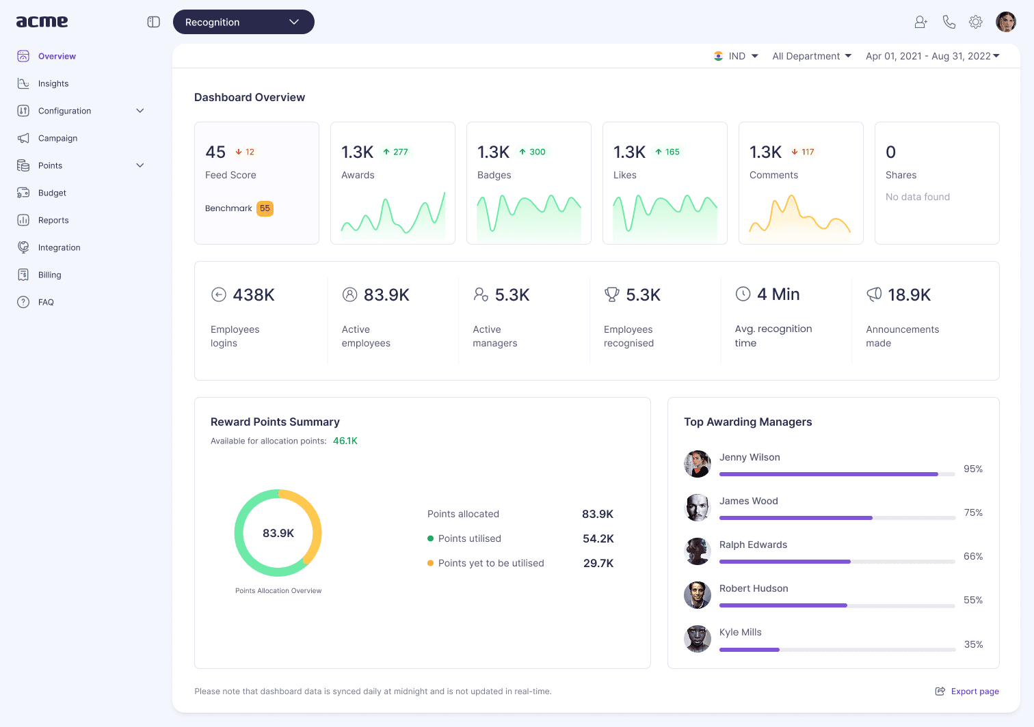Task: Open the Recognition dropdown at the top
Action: coord(243,22)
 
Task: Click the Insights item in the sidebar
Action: coord(53,83)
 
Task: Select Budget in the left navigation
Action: coord(52,193)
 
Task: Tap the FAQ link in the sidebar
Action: coord(46,302)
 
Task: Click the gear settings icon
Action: coord(975,22)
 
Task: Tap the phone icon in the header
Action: coord(949,22)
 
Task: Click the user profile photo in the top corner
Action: coord(1005,22)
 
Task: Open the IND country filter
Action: coord(736,56)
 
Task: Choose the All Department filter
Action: coord(812,56)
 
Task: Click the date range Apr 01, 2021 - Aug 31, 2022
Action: coord(933,56)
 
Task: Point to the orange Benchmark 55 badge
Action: coord(265,208)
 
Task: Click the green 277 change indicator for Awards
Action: coord(396,152)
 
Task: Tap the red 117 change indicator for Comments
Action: coord(803,152)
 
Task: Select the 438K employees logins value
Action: coord(254,294)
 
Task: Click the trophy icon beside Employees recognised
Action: coord(611,294)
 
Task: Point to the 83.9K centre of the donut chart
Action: coord(278,533)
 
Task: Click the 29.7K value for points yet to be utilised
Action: coord(598,563)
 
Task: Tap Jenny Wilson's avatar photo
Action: coord(697,464)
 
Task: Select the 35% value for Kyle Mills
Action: coord(973,644)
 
